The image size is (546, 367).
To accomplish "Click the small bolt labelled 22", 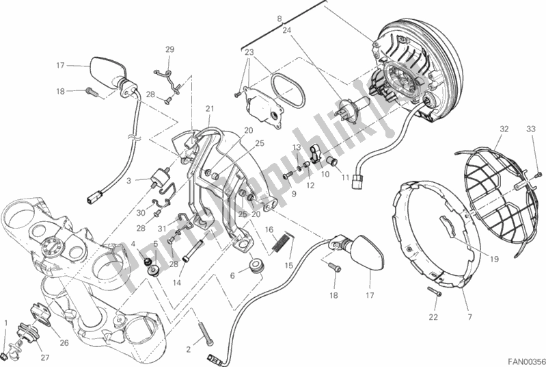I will point(435,292).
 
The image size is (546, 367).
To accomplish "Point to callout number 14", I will point(176,282).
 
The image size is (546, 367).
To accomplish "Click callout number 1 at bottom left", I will point(7,322).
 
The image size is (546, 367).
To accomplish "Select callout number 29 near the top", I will point(170,49).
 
